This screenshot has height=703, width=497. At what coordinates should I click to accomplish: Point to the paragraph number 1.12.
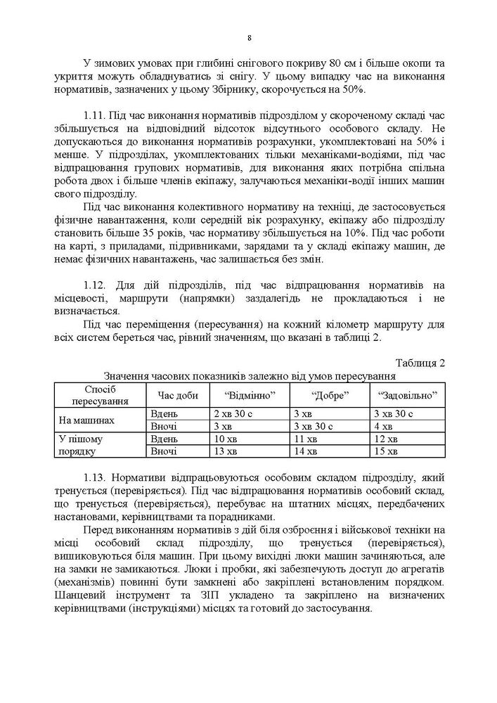(x=93, y=285)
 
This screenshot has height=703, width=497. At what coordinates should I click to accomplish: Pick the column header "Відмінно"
(x=248, y=394)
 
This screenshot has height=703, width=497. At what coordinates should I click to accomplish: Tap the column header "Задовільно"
(x=408, y=394)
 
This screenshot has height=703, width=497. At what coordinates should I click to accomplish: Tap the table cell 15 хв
(x=385, y=451)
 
